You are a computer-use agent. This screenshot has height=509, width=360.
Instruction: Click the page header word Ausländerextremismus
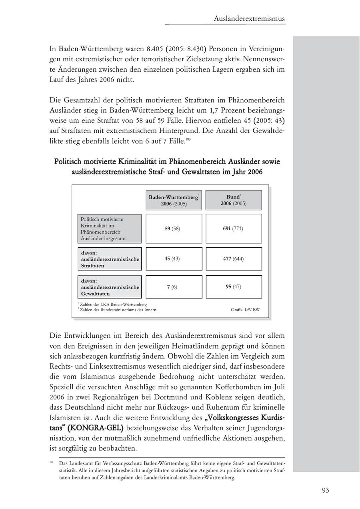pyautogui.click(x=249, y=18)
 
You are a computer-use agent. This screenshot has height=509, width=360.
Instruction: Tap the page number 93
pyautogui.click(x=325, y=490)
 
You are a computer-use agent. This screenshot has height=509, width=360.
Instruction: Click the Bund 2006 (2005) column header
pyautogui.click(x=234, y=200)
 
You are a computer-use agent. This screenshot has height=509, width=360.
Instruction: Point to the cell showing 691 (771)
pyautogui.click(x=234, y=228)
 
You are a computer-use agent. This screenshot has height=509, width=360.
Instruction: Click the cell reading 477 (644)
pyautogui.click(x=234, y=259)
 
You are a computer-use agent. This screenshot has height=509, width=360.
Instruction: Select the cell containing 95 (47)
pyautogui.click(x=234, y=287)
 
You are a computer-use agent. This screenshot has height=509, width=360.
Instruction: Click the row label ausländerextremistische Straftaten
pyautogui.click(x=110, y=259)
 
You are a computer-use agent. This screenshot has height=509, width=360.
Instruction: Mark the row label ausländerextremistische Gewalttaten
pyautogui.click(x=110, y=287)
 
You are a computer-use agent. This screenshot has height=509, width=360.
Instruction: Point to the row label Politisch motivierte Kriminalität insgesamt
pyautogui.click(x=110, y=228)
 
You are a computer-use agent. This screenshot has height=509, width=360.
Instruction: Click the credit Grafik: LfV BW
pyautogui.click(x=245, y=309)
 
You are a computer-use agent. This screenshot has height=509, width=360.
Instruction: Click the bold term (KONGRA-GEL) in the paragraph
pyautogui.click(x=95, y=428)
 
